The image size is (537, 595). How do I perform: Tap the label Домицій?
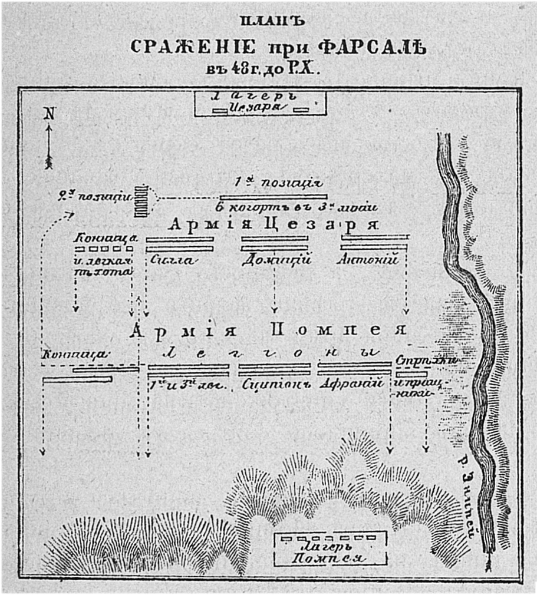tap(276, 260)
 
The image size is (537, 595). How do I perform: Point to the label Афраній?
tap(350, 384)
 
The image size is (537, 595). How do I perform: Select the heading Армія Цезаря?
tap(272, 224)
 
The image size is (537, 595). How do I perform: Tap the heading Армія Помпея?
tap(269, 330)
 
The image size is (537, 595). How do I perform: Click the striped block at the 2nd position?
tap(140, 200)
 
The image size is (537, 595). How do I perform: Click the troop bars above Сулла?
tap(180, 244)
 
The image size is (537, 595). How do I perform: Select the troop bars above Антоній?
tap(375, 243)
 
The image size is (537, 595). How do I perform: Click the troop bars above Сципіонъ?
tap(274, 369)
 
